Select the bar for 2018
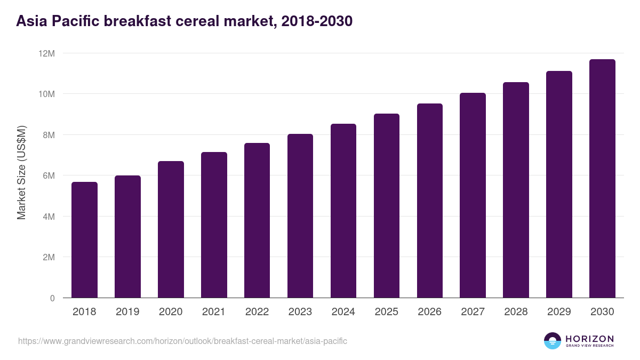[x=84, y=240]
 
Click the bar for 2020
[x=171, y=229]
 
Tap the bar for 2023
[x=300, y=216]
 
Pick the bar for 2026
[x=430, y=201]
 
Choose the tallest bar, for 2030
[x=602, y=179]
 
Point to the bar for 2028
[x=516, y=190]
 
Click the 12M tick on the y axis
[x=46, y=53]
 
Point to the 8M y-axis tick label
[x=49, y=135]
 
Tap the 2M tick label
[x=49, y=257]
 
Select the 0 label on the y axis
[x=52, y=298]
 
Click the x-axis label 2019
[x=127, y=312]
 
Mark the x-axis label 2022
[x=257, y=312]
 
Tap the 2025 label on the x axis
[x=387, y=312]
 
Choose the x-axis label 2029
[x=559, y=312]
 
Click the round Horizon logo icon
[x=553, y=341]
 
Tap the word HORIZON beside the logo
[x=589, y=339]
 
